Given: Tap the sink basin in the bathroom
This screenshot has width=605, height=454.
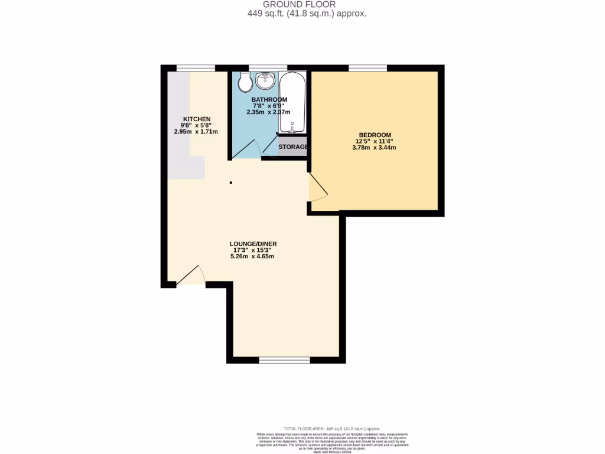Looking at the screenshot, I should pos(265,80).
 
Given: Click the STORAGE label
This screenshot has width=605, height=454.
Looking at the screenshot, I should pos(293,147).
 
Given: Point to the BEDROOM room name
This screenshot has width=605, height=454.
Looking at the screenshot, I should pos(375,135).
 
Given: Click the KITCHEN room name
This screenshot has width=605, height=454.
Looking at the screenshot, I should pos(196,119).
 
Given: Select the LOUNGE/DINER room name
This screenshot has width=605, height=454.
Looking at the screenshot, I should pos(253,244).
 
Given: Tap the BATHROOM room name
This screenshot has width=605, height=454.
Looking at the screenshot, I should pos(269,99).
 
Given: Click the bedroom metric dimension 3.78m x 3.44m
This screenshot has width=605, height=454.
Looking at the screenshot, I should pos(375,147).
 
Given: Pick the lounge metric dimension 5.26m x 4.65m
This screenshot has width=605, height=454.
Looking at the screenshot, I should pos(253,256).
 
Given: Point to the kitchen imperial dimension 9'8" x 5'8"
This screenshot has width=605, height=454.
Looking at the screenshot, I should pos(196,125).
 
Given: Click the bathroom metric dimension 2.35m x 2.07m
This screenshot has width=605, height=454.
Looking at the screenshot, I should pos(269,112).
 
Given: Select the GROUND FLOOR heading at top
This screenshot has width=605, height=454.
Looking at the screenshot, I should pos(307,4).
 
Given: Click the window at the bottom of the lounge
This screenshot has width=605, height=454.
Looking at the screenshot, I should pos(277,360).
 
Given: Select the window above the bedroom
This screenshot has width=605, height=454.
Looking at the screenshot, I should pos(367,68).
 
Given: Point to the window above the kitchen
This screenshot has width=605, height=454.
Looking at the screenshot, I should pos(196,68).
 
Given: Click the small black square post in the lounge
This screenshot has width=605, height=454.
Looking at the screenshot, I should pos(231,182).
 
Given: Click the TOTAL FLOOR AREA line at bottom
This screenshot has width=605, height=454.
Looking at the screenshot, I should pos(332,429).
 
